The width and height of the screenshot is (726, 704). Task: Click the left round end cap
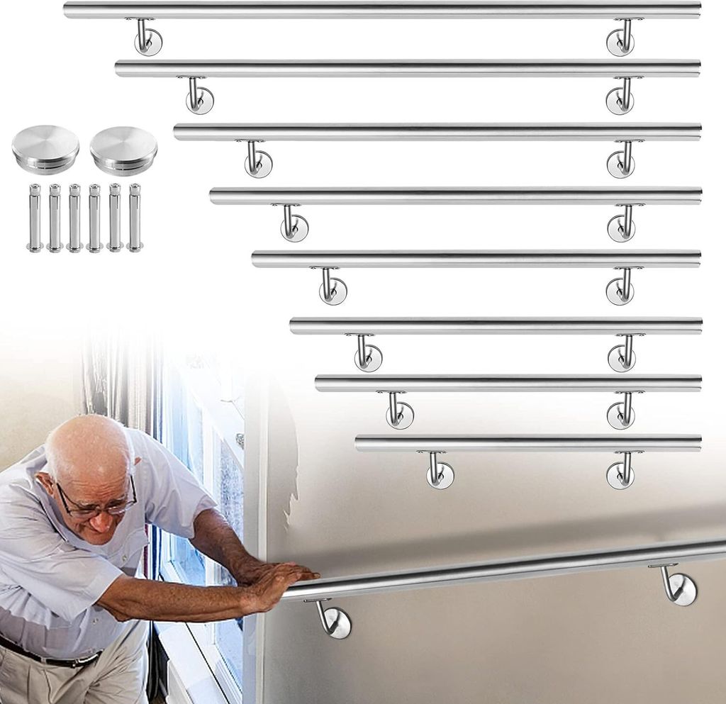45,148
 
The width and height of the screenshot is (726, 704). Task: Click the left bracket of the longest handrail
147,38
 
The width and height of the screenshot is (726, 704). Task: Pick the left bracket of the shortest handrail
438,472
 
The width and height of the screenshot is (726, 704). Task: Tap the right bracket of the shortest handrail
621,472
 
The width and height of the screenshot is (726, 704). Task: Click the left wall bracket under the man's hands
333,619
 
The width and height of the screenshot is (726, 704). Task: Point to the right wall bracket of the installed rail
678,586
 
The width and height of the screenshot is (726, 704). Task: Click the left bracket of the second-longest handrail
199,97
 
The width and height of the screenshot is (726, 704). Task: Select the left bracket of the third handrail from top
257,161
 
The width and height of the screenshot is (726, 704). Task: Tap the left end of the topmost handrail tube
68,10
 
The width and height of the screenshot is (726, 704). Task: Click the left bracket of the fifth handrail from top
331,287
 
